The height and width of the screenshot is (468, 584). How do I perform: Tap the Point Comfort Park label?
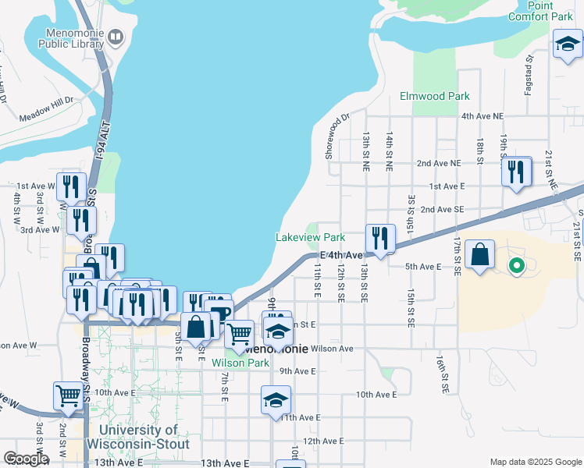[540, 10]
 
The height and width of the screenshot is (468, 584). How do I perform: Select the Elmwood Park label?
[434, 96]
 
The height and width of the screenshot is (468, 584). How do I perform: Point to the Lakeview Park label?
[310, 237]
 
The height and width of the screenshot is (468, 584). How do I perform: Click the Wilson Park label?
[240, 363]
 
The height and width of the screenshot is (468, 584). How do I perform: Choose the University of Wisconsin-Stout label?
[138, 437]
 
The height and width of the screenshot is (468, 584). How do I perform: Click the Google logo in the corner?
[26, 458]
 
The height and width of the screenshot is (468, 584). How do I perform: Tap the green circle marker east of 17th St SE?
[516, 267]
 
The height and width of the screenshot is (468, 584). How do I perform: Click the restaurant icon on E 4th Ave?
[380, 238]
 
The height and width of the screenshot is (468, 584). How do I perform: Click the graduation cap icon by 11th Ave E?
[276, 400]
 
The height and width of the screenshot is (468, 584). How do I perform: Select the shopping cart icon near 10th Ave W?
[69, 395]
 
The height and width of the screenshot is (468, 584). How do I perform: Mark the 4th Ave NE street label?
[484, 116]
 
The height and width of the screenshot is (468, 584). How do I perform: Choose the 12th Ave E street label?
[323, 441]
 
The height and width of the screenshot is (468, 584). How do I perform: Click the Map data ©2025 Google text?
[535, 462]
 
